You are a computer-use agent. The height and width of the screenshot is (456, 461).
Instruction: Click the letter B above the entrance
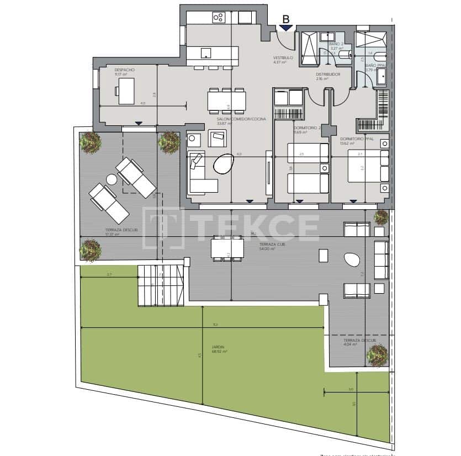click(285, 19)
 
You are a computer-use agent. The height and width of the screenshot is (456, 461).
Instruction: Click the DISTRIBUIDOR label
click(328, 75)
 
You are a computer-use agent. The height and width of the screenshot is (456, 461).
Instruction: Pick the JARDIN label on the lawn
click(218, 347)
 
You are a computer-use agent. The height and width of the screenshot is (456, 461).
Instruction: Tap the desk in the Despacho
click(127, 91)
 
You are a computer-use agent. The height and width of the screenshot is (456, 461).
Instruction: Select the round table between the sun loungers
click(112, 179)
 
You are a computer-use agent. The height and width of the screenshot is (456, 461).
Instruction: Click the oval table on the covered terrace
click(352, 260)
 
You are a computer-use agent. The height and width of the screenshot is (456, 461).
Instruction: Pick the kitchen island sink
click(206, 53)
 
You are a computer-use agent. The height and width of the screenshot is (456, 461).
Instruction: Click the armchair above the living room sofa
click(216, 138)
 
